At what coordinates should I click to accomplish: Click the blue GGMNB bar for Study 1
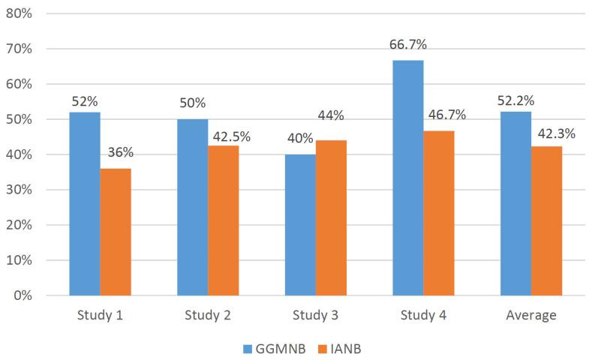tap(85, 203)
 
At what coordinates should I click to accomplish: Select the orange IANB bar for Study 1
tap(116, 232)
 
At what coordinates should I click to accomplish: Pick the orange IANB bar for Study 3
tap(331, 217)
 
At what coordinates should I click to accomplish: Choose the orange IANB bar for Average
tap(547, 220)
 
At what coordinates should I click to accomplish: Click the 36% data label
tap(120, 152)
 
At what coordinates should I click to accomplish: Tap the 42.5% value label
tap(231, 136)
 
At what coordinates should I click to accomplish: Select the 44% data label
tap(330, 115)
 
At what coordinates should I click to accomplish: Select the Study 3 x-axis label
tap(315, 315)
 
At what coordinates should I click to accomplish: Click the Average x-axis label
tap(531, 315)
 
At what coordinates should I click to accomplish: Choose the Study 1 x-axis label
tap(100, 315)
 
